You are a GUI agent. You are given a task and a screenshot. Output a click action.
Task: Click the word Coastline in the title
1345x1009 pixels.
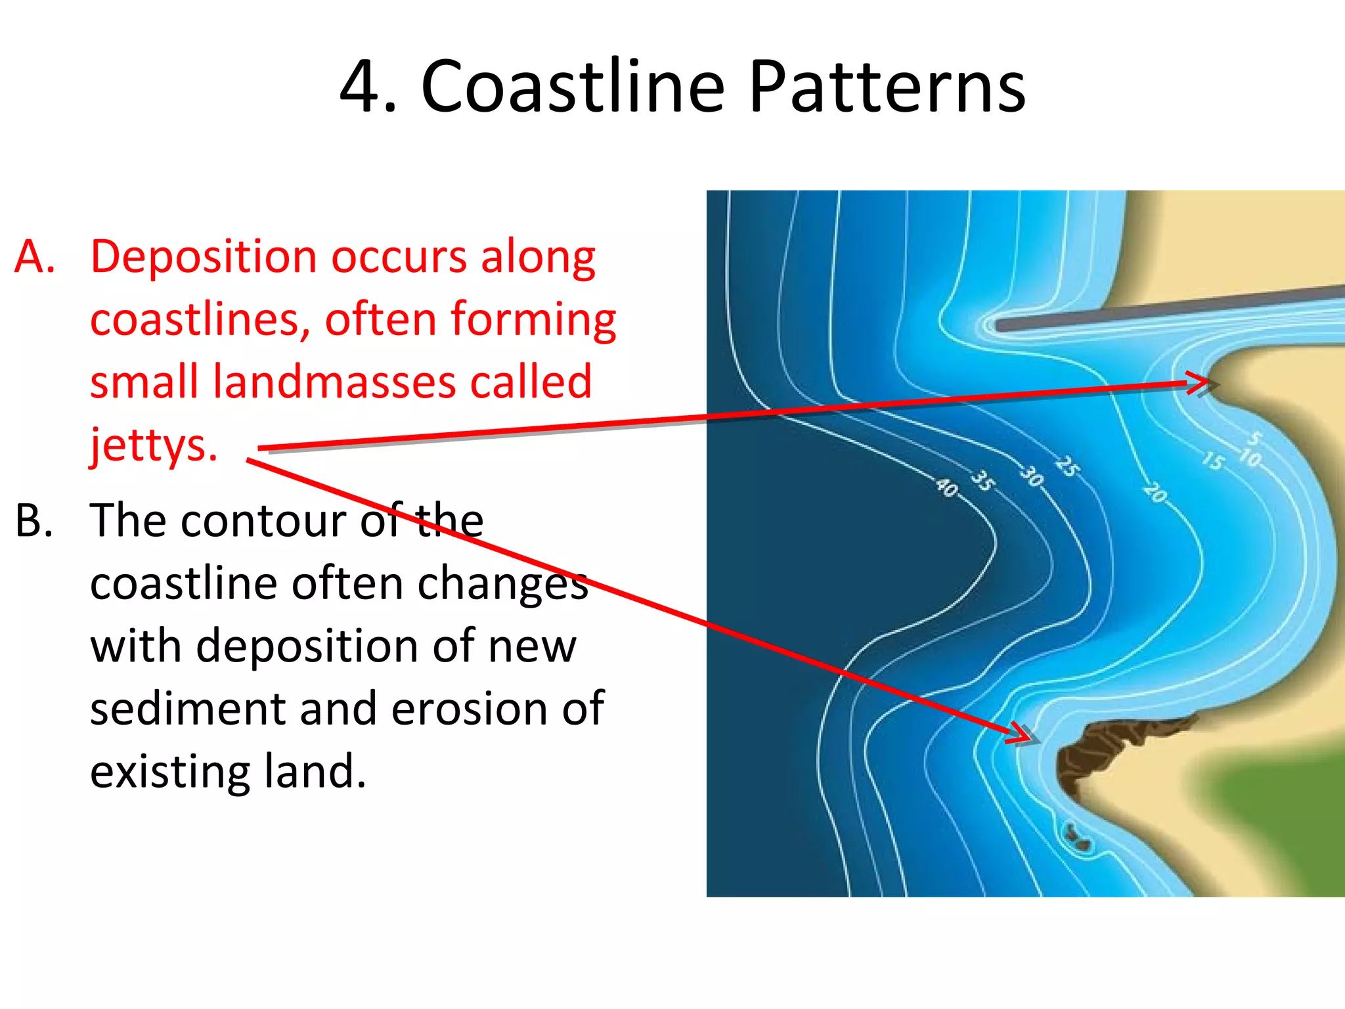(573, 87)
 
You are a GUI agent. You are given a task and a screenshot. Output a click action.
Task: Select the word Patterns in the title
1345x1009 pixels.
(887, 87)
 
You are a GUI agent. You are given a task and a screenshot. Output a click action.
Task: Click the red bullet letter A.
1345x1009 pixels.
(34, 256)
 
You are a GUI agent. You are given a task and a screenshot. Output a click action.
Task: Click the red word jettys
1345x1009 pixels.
(154, 445)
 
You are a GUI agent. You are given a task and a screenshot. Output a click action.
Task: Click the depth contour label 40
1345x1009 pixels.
(947, 487)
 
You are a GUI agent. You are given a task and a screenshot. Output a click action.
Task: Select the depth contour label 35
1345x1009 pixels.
(983, 480)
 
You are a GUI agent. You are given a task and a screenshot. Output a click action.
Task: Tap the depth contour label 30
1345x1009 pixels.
(1032, 476)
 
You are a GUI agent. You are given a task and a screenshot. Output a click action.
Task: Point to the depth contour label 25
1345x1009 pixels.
(1067, 466)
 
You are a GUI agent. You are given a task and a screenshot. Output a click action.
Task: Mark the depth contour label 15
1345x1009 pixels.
(1213, 460)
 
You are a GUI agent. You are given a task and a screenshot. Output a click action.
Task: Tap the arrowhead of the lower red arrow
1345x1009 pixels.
(1023, 734)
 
